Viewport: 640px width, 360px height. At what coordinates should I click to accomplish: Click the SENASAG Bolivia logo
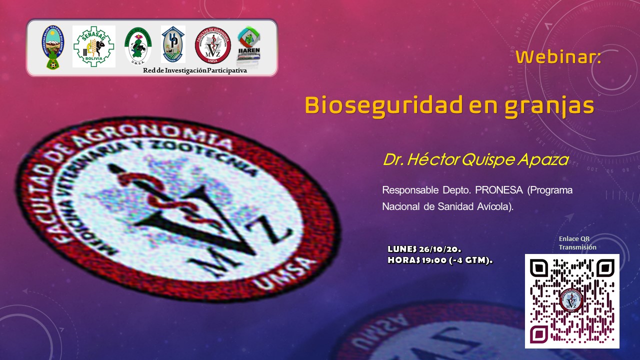pos(94,46)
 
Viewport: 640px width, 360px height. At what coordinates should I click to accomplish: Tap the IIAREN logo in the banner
pos(248,45)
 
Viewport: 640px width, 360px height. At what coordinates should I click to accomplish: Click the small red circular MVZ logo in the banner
pos(212,45)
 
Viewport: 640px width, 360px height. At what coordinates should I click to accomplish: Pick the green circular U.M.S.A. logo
pos(138,46)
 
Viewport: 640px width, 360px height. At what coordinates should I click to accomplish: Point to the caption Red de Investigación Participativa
pos(195,70)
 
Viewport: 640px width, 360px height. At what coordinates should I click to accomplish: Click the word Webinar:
pos(558,57)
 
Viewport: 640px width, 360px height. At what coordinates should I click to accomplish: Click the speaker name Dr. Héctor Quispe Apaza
pos(475,159)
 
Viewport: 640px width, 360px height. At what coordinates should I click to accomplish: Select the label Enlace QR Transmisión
pos(577,243)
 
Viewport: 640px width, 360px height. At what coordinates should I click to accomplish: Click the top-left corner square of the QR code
pos(538,267)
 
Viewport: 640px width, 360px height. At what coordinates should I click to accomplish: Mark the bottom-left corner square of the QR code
pos(538,333)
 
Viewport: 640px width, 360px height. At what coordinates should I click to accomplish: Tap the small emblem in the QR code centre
pos(571,300)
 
